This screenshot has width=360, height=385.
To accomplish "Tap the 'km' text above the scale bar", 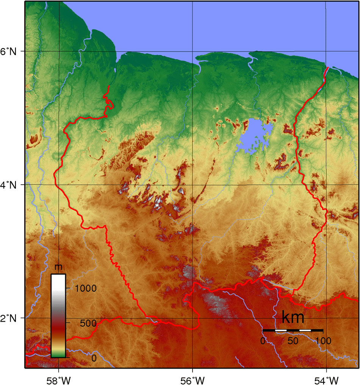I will [293, 317].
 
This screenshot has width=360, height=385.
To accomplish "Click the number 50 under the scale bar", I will [293, 341].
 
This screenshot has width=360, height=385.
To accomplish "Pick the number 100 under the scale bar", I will [323, 341].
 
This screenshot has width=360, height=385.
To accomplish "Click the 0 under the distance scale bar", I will [263, 341].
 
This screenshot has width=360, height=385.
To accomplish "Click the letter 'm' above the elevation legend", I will [58, 267].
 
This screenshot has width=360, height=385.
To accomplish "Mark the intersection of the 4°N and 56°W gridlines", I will [193, 185].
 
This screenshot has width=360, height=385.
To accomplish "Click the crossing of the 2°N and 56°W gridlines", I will [193, 318].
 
